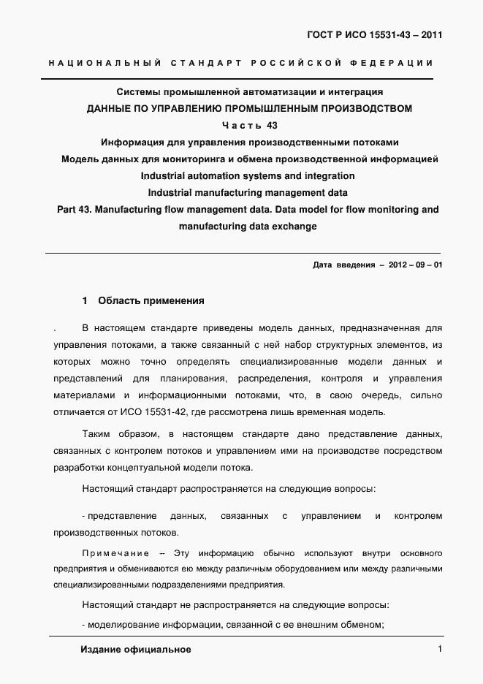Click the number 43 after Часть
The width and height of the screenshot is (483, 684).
click(273, 125)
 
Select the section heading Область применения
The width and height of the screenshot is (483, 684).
click(151, 300)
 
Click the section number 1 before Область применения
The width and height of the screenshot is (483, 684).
click(85, 300)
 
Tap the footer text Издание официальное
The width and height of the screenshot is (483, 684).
click(136, 650)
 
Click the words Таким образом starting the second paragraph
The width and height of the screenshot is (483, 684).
click(115, 433)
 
